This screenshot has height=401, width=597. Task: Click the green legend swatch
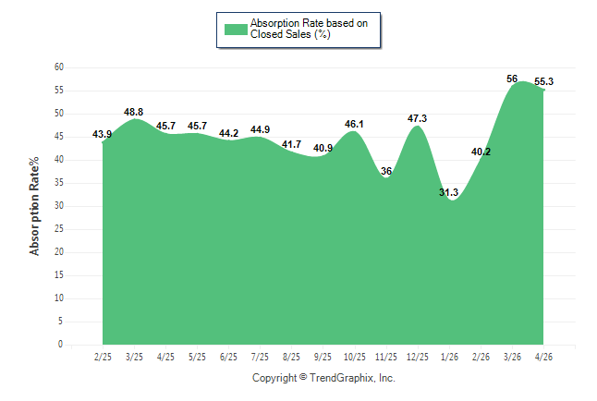click(x=236, y=30)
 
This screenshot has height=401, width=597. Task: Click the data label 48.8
click(x=134, y=112)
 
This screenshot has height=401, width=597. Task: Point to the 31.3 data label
click(x=448, y=192)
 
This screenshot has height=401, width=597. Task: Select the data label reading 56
click(x=512, y=79)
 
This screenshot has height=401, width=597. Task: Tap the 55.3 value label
click(x=543, y=81)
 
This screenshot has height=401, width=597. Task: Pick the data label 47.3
click(x=418, y=118)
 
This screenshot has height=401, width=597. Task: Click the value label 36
click(x=386, y=171)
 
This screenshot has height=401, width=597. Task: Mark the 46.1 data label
click(x=354, y=124)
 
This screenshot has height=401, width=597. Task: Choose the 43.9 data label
click(x=102, y=134)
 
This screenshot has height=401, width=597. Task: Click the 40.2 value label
click(x=481, y=152)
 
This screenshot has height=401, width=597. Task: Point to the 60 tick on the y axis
click(x=59, y=67)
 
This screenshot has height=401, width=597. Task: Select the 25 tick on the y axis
click(x=59, y=229)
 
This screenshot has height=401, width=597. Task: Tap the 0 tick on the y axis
click(x=61, y=345)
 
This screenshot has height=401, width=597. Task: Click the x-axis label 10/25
click(x=355, y=357)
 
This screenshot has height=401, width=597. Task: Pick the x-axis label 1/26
click(x=449, y=357)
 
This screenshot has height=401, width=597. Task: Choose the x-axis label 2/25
click(x=103, y=357)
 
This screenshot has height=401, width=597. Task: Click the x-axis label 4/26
click(x=543, y=357)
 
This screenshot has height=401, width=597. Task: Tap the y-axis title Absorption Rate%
click(x=34, y=206)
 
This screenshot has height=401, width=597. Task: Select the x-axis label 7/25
click(x=260, y=357)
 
